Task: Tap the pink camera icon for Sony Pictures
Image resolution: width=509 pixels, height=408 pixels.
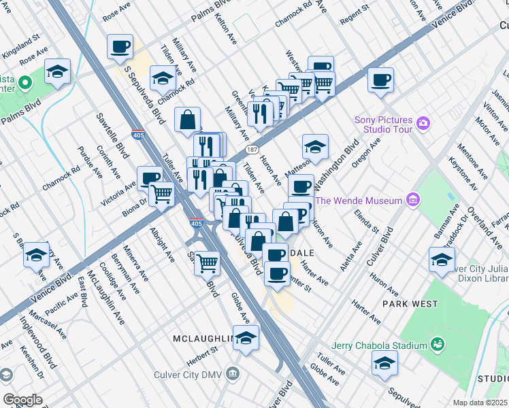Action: [423, 123]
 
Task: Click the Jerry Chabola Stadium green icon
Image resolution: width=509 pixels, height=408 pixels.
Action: [437, 345]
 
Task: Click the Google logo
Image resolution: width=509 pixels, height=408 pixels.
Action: [22, 400]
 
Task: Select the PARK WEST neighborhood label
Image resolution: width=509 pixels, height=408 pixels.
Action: [410, 303]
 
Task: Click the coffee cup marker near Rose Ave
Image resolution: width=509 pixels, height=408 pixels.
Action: [120, 47]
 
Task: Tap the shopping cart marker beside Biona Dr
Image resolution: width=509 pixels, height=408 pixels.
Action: [162, 194]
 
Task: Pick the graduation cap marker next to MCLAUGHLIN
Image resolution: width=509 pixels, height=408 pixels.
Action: [246, 338]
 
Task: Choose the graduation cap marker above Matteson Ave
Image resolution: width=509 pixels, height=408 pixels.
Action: [315, 146]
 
